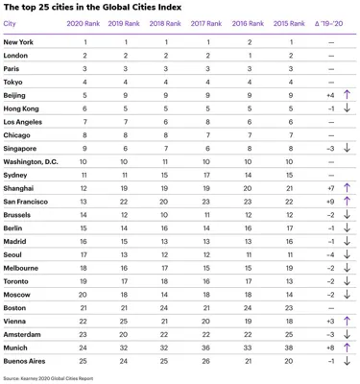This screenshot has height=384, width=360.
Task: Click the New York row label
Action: pos(19,43)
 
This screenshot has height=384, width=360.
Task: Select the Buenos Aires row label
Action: pos(27,360)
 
